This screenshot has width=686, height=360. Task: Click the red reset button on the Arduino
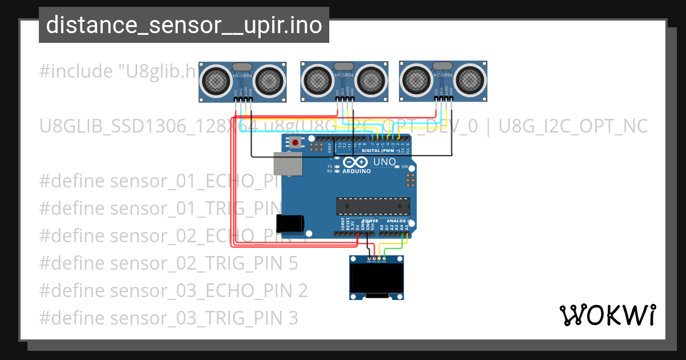pyautogui.click(x=295, y=142)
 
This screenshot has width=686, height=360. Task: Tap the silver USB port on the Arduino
pyautogui.click(x=286, y=163)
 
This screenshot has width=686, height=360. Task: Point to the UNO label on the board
pyautogui.click(x=384, y=162)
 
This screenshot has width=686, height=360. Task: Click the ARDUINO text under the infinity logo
pyautogui.click(x=356, y=170)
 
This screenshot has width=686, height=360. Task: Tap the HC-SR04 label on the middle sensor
pyautogui.click(x=344, y=75)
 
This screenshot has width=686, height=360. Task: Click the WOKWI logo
pyautogui.click(x=607, y=315)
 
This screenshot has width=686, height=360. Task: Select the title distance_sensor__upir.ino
pyautogui.click(x=184, y=25)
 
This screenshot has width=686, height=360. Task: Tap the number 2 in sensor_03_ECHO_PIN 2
pyautogui.click(x=302, y=290)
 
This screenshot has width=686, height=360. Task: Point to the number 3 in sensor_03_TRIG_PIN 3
pyautogui.click(x=293, y=318)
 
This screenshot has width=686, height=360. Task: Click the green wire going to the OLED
pyautogui.click(x=394, y=248)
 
